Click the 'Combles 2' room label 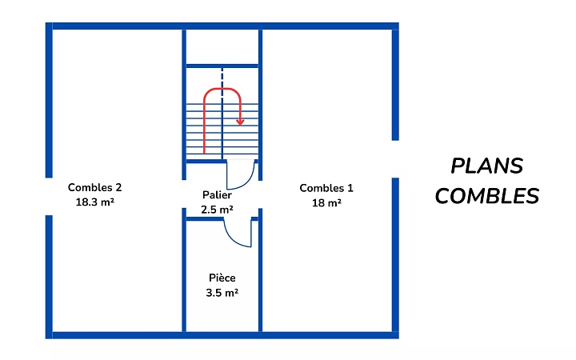[94, 188]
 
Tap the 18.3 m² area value [94, 202]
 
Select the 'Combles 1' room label [326, 188]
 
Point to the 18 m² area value [326, 202]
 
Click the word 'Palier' [217, 194]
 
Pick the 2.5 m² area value [217, 210]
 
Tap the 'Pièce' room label [222, 278]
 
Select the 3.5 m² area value [222, 293]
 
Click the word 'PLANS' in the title [486, 166]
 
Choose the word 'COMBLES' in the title [486, 196]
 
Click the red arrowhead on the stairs [240, 121]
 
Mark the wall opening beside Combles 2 [50, 196]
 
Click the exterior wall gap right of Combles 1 [395, 159]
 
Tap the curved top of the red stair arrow [222, 89]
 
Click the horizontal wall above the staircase [222, 65]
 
